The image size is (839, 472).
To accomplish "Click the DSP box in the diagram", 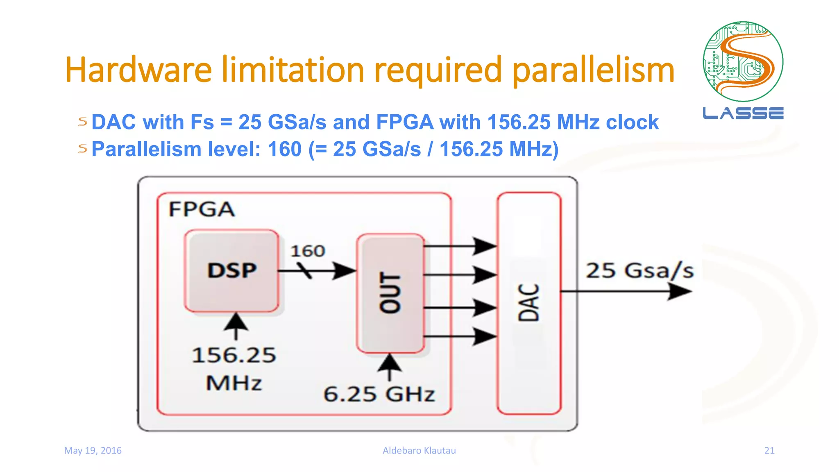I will (231, 271).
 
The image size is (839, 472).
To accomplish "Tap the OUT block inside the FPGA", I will (390, 293).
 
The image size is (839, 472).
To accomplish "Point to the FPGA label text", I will (202, 209).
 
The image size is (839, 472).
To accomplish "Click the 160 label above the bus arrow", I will (308, 251).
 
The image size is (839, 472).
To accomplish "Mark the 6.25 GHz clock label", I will (379, 394).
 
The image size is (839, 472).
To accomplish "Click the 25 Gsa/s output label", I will (639, 271).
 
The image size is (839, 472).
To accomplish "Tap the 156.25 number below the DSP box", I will (234, 355).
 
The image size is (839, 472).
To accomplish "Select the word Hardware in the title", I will (138, 70).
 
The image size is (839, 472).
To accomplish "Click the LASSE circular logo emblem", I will (743, 61).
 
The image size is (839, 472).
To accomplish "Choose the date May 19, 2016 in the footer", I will (93, 451).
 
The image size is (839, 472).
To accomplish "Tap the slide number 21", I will (769, 451).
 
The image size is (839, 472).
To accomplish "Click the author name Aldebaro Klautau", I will (419, 451).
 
